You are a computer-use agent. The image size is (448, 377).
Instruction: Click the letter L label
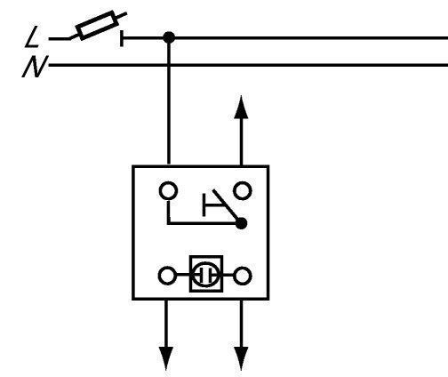[x=32, y=36]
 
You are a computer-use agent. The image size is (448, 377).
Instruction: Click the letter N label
[x=35, y=67]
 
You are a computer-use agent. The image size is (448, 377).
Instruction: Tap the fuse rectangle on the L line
[x=97, y=25]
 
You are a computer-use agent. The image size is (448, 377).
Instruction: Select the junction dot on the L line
[x=169, y=38]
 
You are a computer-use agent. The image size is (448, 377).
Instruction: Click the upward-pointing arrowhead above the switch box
[x=241, y=108]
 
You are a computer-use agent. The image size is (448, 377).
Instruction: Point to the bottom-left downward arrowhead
[x=166, y=358]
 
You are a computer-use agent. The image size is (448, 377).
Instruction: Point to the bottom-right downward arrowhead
[x=241, y=358]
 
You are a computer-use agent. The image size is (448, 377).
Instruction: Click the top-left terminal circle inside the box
[x=169, y=191]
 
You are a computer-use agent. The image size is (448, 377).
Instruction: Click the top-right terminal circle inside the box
[x=243, y=190]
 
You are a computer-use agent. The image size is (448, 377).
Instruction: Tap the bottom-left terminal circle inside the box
[x=167, y=276]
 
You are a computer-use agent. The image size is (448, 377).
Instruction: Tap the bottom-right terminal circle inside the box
[x=243, y=276]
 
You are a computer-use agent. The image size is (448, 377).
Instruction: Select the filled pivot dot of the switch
[x=241, y=223]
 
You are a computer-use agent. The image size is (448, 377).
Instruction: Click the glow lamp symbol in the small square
[x=206, y=275]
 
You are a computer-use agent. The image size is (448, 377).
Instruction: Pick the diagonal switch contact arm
[x=227, y=206]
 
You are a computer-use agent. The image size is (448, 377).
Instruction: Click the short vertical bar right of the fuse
[x=122, y=38]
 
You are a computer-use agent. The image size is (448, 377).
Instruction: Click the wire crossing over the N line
[x=169, y=65]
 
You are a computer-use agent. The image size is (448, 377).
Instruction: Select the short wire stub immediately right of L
[x=60, y=38]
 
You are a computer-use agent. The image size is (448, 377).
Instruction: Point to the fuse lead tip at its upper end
[x=126, y=13]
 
